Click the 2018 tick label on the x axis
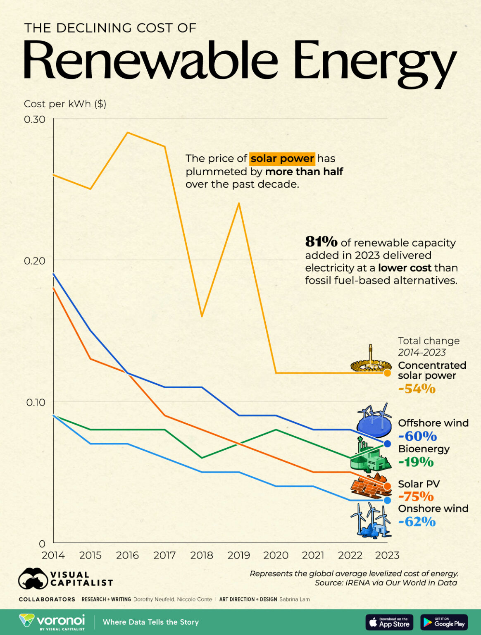[202, 555]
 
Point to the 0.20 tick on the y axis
[35, 260]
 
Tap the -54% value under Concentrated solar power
[417, 389]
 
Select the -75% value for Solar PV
[416, 496]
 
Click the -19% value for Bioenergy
[416, 462]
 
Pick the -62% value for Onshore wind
[417, 522]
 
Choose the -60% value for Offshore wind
[417, 436]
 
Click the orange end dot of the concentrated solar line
[387, 373]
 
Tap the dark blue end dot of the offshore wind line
[387, 444]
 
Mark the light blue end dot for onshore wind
[387, 500]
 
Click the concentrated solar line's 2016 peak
[128, 133]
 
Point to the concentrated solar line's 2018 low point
[202, 316]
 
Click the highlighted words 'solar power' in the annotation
[282, 158]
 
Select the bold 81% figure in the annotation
[321, 241]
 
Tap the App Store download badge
[389, 622]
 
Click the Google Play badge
[444, 622]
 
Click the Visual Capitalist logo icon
[33, 578]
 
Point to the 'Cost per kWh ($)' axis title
[65, 104]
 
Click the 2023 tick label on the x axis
[387, 555]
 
